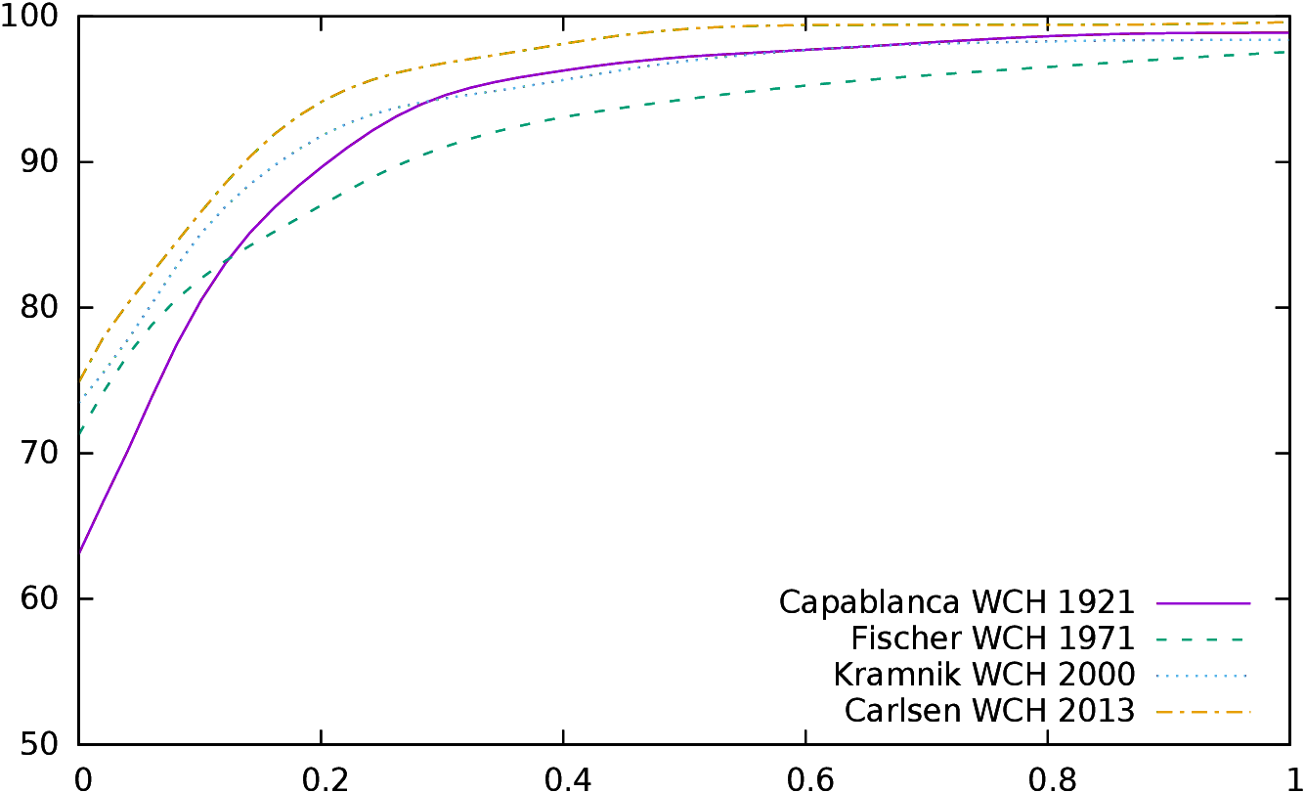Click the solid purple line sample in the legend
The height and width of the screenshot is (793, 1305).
click(x=1203, y=603)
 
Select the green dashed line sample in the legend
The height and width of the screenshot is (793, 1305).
click(x=1200, y=639)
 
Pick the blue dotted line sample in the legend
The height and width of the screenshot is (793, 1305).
click(x=1201, y=676)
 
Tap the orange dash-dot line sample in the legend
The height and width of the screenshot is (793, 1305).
click(x=1203, y=712)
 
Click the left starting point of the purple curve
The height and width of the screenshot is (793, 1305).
click(x=80, y=551)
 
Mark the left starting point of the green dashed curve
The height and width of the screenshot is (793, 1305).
click(x=80, y=432)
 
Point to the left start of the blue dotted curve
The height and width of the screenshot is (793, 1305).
click(x=80, y=402)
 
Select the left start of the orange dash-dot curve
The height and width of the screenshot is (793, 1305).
click(x=80, y=379)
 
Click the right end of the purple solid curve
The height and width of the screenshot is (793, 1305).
click(x=1288, y=33)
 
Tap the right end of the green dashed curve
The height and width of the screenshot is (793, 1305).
click(x=1283, y=52)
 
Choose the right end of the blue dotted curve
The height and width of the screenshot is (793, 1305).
click(x=1286, y=39)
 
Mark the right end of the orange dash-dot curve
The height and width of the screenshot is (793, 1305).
click(x=1283, y=22)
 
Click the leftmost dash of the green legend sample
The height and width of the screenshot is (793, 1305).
click(x=1163, y=639)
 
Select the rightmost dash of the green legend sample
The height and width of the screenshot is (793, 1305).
click(x=1238, y=639)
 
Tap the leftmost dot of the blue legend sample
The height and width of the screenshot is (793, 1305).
click(x=1158, y=676)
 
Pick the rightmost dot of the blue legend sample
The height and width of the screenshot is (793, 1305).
click(x=1245, y=676)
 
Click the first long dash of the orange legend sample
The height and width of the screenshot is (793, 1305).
click(x=1165, y=712)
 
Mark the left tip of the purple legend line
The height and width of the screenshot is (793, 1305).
click(x=1157, y=603)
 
